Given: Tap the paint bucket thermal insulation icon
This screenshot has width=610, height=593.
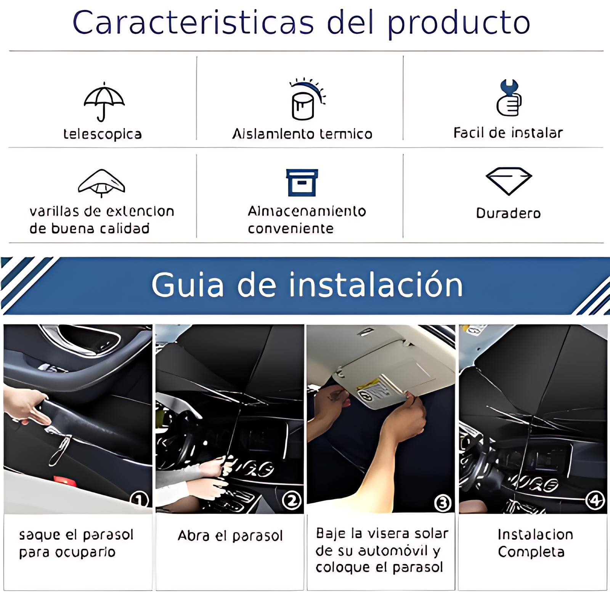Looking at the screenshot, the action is [x=307, y=99].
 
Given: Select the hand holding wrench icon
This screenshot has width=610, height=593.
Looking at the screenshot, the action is [x=509, y=98].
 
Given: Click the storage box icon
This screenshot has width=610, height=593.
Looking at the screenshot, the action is [x=302, y=183].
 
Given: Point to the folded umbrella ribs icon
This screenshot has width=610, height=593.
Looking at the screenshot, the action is [x=101, y=183].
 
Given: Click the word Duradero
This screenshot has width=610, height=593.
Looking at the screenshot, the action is [x=508, y=213].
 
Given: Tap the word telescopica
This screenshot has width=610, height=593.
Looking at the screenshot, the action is [x=103, y=134].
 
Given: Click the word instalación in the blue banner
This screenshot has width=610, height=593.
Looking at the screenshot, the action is [x=376, y=285].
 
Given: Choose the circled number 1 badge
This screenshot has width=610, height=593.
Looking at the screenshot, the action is [x=139, y=499].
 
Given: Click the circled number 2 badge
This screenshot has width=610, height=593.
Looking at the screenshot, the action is [x=292, y=500].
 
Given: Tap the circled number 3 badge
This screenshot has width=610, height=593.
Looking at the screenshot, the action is [x=443, y=503].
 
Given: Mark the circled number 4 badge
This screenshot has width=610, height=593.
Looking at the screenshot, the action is [x=595, y=500].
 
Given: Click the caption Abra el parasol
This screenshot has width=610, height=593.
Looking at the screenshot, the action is [x=230, y=536].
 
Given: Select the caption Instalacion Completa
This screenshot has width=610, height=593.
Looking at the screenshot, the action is [x=535, y=543].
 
